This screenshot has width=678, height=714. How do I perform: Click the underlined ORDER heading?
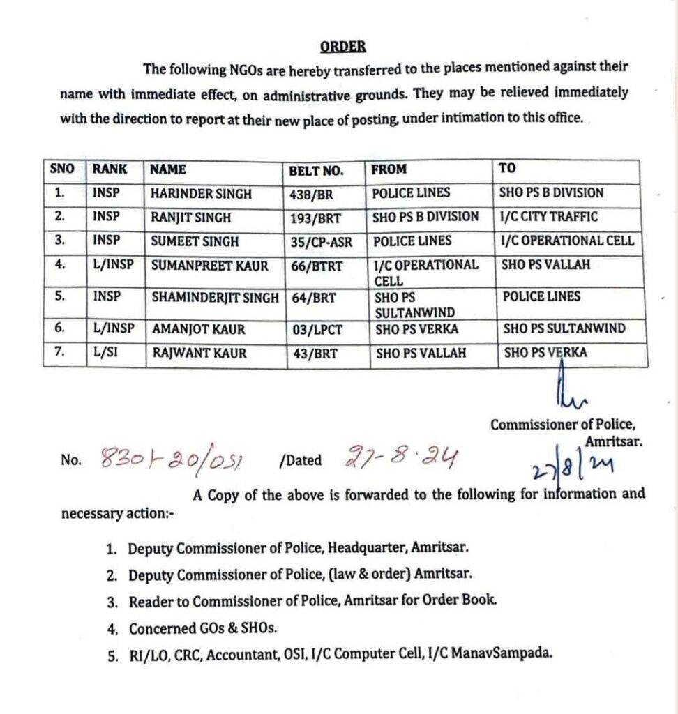coord(343,47)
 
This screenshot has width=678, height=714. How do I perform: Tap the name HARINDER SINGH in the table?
coord(201,194)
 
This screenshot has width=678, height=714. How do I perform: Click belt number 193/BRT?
coord(316,218)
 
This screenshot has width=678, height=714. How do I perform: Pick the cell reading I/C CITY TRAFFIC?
coord(548,217)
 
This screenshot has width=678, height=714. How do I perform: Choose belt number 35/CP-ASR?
coord(322,242)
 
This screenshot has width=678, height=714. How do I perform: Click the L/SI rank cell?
coord(105,353)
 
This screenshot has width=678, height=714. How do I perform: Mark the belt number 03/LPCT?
coord(317,330)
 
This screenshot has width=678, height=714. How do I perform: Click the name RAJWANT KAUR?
coord(199,354)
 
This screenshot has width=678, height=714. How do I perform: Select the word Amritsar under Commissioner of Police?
coord(614,441)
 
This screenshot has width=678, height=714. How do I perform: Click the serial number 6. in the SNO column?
coord(59,328)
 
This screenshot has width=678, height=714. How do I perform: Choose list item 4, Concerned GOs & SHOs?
coord(202,628)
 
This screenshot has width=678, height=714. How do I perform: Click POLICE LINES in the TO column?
coord(541,296)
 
